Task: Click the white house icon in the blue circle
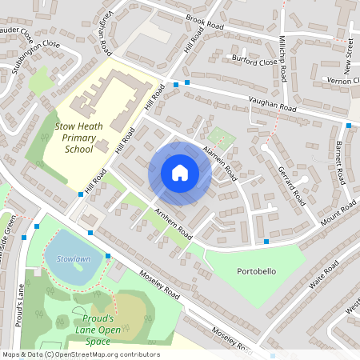(180, 173)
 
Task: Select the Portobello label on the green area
(257, 271)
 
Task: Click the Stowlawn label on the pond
(63, 259)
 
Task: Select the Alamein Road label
(217, 160)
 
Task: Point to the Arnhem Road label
(174, 225)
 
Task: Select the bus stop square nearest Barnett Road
(349, 126)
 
